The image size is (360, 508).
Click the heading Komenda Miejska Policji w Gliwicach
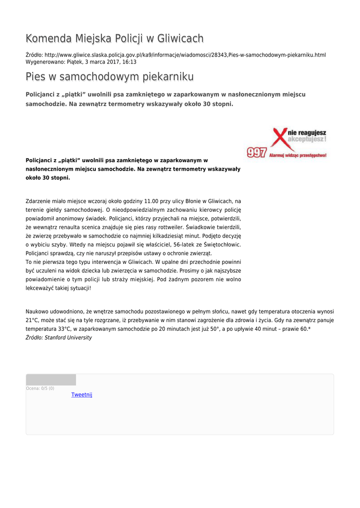114,39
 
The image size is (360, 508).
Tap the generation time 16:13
129,62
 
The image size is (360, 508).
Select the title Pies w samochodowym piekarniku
109,77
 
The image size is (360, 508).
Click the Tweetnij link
81,395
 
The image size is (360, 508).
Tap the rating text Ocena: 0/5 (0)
40,388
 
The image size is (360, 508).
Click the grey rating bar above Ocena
51,380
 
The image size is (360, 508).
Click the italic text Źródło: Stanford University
59,337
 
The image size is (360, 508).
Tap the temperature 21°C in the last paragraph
32,320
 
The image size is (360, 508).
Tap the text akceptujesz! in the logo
307,140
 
